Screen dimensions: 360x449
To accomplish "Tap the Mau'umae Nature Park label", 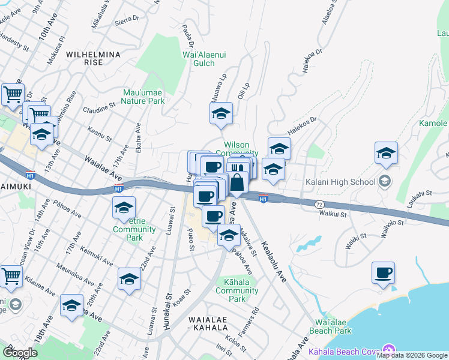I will coord(143,97).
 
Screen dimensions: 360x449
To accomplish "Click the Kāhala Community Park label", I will coord(237,290).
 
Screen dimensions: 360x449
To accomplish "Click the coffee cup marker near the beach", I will coord(383,274).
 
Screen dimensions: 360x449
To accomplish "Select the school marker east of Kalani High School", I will coord(386,154).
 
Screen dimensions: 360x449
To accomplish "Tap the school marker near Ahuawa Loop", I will coord(221,113).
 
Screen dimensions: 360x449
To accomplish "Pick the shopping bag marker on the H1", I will coord(237,182).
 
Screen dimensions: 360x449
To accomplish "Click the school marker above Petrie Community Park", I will coord(124,208).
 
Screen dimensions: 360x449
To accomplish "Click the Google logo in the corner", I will coord(20,353).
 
